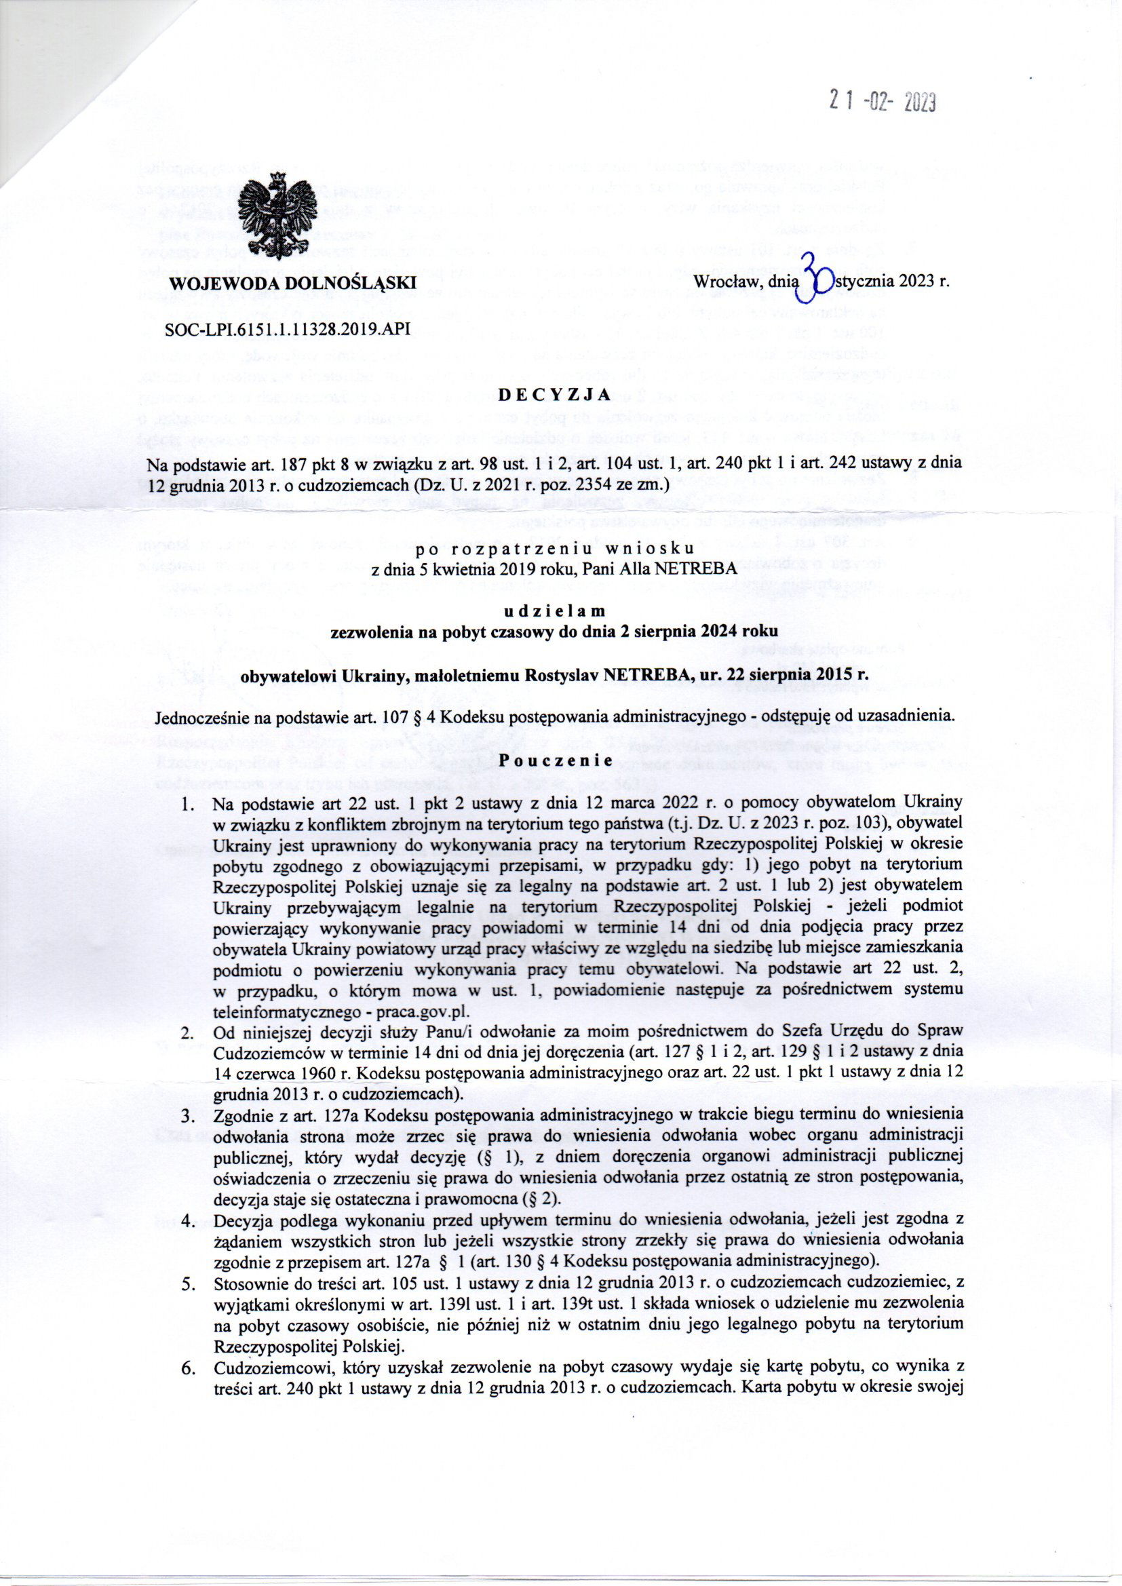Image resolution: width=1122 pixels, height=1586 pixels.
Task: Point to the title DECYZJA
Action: point(552,395)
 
